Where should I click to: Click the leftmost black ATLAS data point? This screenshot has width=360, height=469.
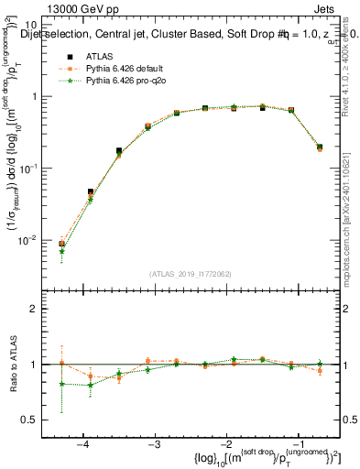click(x=61, y=244)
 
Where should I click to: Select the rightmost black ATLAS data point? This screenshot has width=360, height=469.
click(x=319, y=147)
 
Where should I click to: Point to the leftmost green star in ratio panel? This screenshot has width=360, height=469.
click(x=61, y=384)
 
